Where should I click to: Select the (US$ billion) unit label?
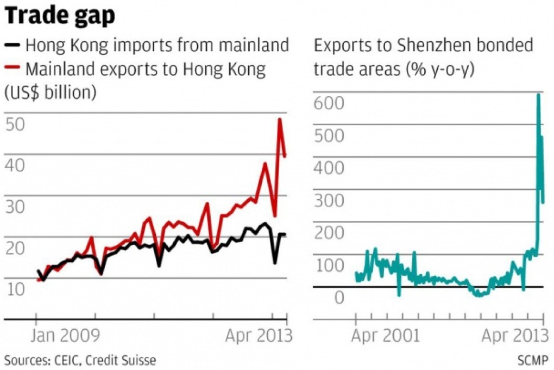click(51, 92)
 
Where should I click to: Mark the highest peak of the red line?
click(280, 119)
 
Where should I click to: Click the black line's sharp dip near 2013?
click(275, 263)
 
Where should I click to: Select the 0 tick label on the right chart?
click(339, 298)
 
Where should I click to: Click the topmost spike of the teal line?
click(538, 95)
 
